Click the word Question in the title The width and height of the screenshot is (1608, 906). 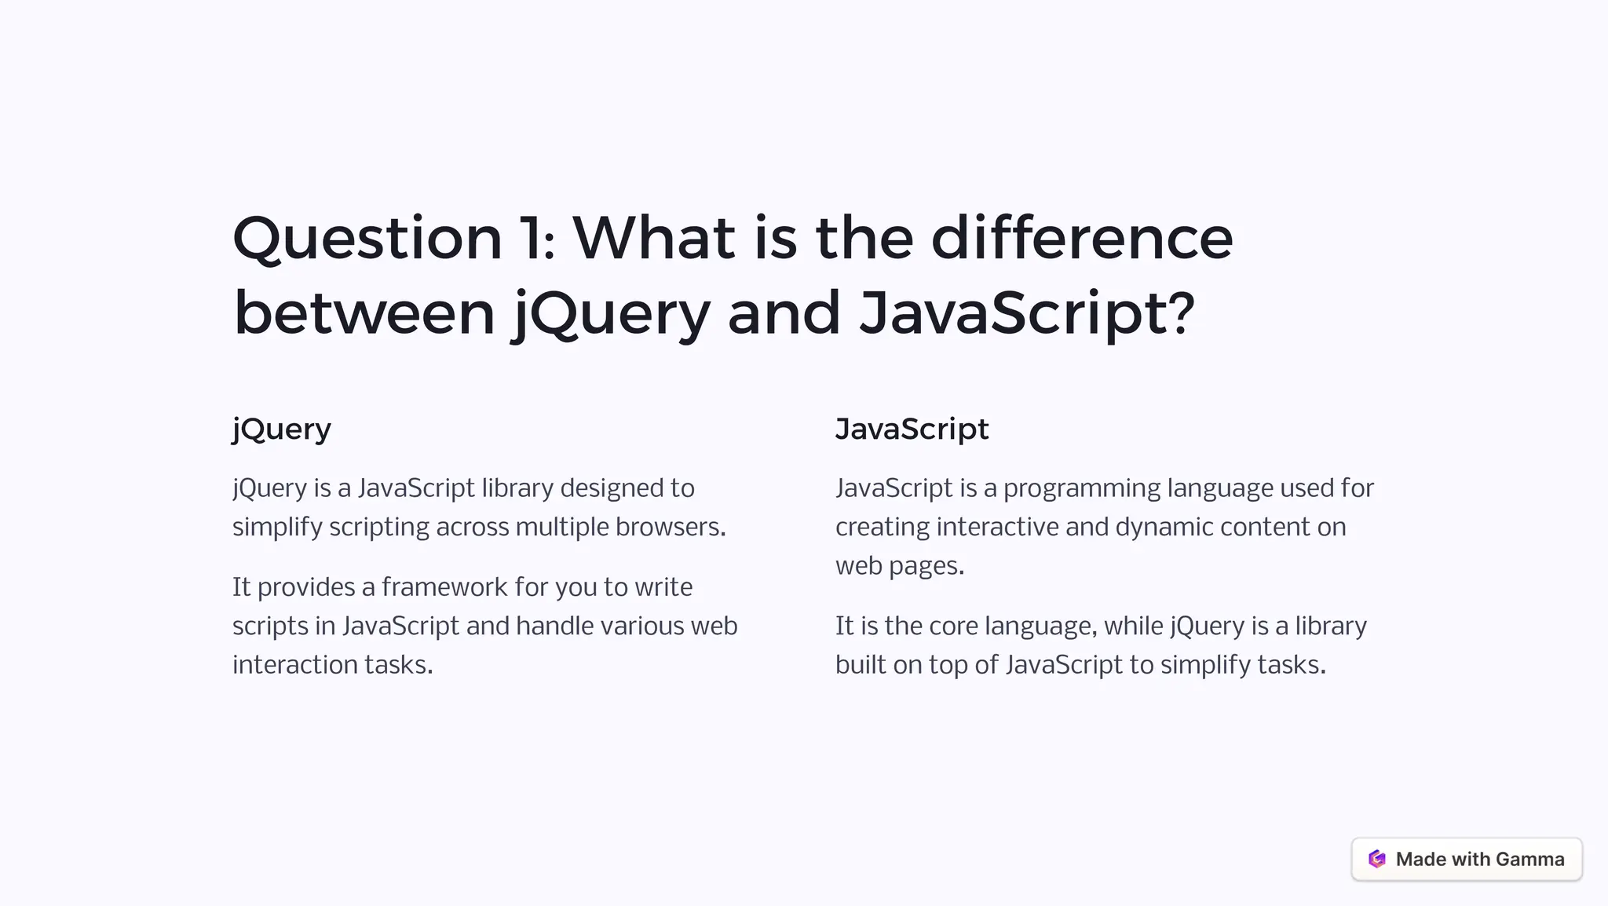pos(367,239)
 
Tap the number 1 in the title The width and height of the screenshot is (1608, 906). pos(534,239)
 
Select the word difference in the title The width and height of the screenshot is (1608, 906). pos(1082,239)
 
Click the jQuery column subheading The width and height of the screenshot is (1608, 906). pos(282,429)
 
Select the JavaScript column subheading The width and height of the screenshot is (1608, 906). pos(912,429)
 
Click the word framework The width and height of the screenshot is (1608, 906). pos(444,587)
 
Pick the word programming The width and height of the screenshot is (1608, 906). pos(1082,488)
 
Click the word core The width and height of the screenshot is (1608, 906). pos(953,627)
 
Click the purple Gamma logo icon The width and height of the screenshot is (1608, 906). pos(1376,859)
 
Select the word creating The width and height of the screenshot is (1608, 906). pos(883,527)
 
